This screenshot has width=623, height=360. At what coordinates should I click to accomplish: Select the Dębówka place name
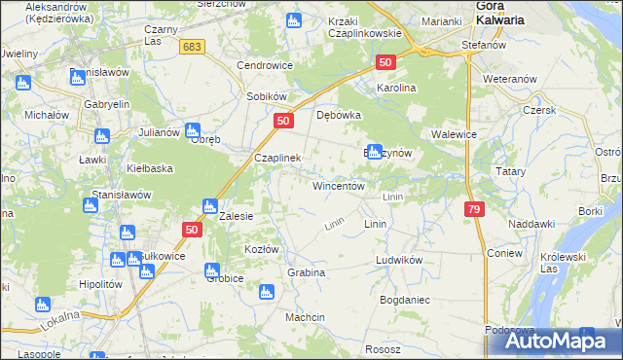339,114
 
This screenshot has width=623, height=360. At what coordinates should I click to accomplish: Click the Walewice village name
453,135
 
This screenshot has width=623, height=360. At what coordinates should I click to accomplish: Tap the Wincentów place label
338,185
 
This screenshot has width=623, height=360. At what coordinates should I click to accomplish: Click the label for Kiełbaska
150,167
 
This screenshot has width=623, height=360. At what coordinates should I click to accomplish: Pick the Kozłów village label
262,249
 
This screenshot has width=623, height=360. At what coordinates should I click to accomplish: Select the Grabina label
306,272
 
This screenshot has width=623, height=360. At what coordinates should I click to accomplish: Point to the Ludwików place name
398,261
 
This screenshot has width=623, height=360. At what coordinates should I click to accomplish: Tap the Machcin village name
305,317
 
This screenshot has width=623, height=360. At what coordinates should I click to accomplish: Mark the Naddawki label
531,224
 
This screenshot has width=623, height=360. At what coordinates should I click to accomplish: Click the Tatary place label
511,171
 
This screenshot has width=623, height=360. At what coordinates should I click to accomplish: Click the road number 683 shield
194,46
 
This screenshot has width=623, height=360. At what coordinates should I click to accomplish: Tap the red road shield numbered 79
474,209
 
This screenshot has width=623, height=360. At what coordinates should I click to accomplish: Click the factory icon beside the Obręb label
193,128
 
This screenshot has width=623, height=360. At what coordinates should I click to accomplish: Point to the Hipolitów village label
100,284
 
